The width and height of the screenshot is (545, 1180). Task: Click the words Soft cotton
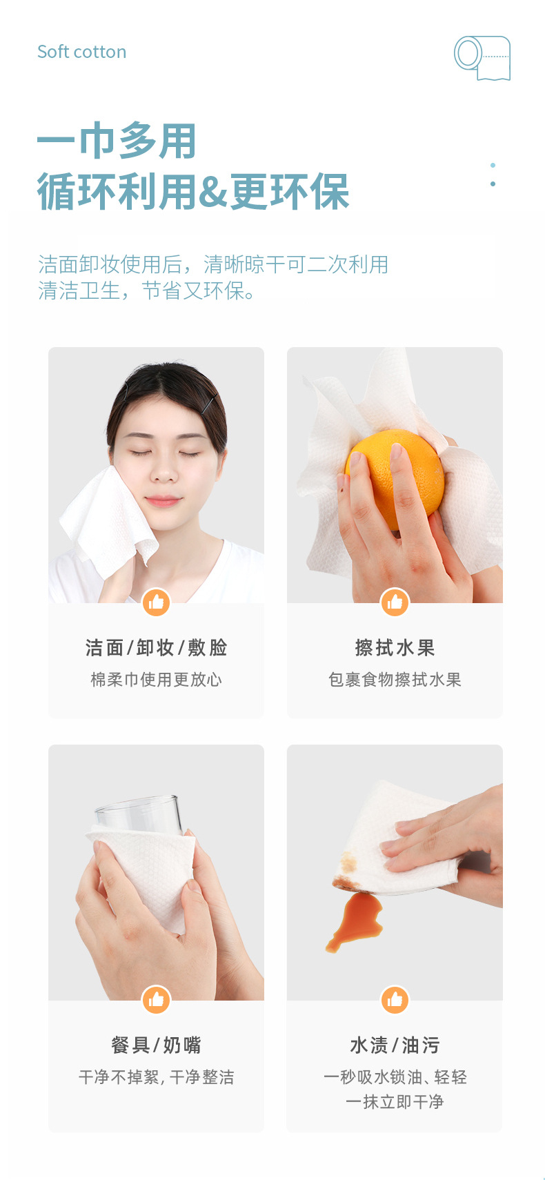click(81, 52)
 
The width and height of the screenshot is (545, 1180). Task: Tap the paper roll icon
click(482, 58)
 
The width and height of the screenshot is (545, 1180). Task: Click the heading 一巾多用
click(117, 141)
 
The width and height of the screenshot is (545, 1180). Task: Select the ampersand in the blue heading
click(213, 191)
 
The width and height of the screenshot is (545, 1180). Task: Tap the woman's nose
click(163, 472)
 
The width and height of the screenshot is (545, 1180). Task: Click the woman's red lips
click(163, 500)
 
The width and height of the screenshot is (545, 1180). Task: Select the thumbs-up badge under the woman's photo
click(157, 602)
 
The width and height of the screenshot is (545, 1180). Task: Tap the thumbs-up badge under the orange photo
click(395, 602)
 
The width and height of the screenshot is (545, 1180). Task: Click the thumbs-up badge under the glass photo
click(157, 999)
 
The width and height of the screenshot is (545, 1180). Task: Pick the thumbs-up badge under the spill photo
click(395, 999)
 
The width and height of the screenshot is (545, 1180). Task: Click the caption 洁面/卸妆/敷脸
click(157, 647)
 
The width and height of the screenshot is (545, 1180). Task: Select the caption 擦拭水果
click(395, 647)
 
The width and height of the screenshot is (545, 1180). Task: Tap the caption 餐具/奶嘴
click(157, 1045)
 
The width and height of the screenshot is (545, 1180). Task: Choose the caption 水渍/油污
click(395, 1045)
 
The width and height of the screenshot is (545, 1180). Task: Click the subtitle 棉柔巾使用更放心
click(157, 680)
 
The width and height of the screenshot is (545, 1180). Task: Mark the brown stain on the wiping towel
click(348, 864)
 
